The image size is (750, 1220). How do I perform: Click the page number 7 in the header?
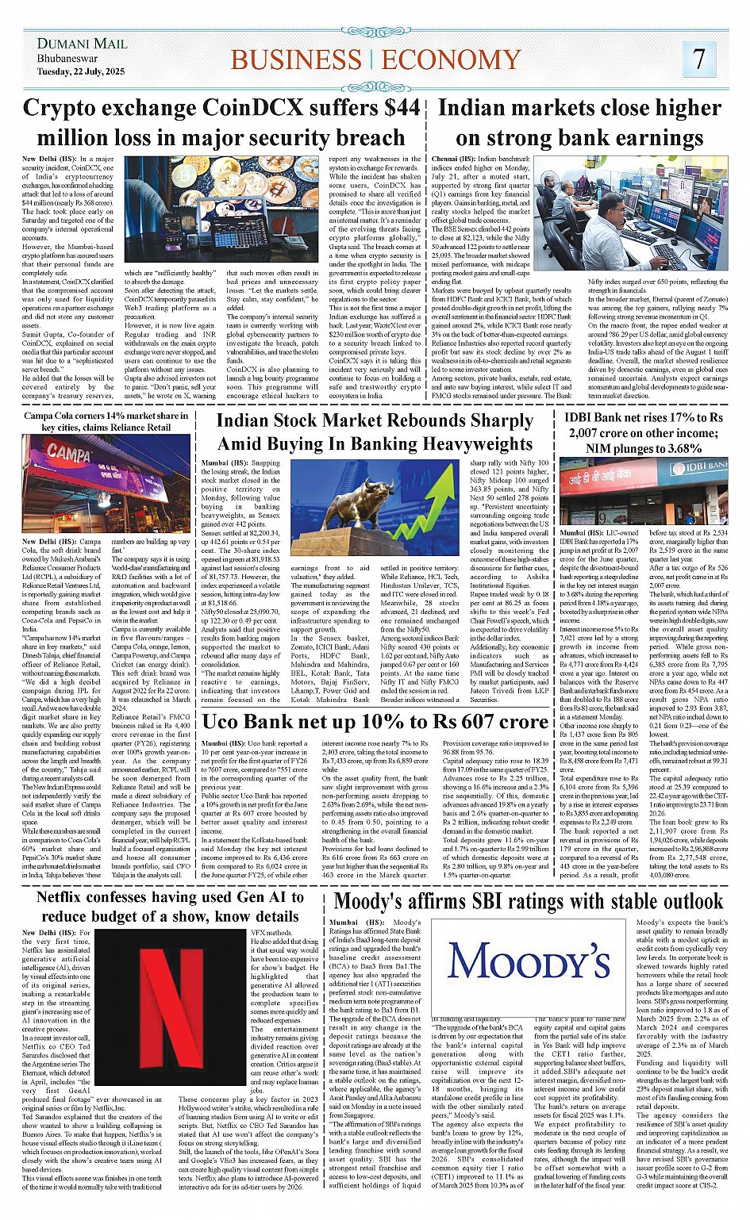[698, 59]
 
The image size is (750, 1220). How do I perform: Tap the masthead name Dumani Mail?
[82, 43]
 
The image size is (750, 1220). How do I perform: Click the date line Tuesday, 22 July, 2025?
[81, 71]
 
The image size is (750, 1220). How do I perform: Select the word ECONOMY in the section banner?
[451, 60]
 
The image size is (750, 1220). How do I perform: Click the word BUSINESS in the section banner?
[295, 60]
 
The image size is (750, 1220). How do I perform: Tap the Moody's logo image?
[530, 961]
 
